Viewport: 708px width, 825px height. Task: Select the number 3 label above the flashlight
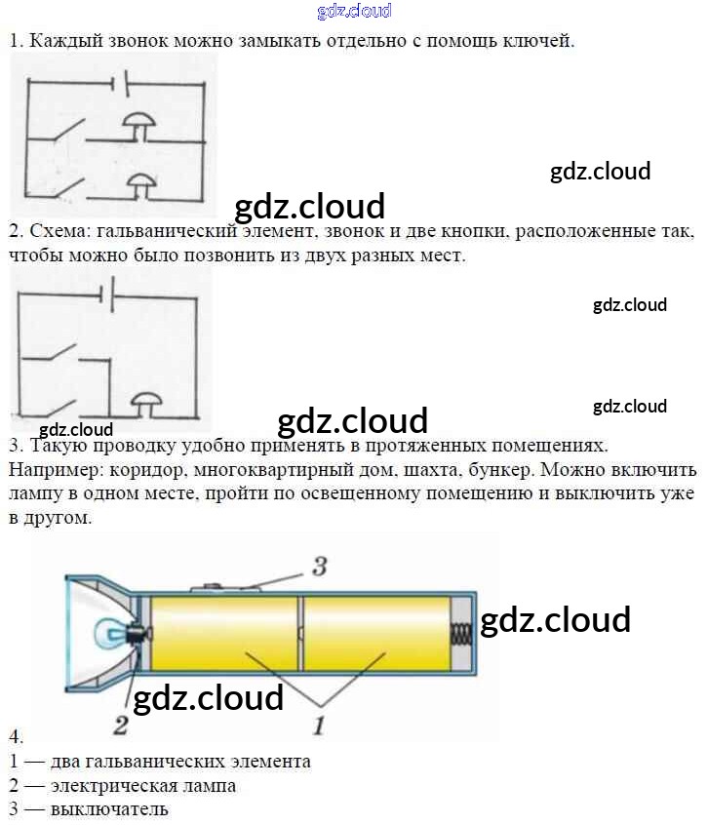coord(319,567)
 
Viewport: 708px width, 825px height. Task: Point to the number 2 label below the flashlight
coord(120,725)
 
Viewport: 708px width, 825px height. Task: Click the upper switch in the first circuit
coord(66,132)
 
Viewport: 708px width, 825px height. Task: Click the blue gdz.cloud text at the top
coord(354,12)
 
